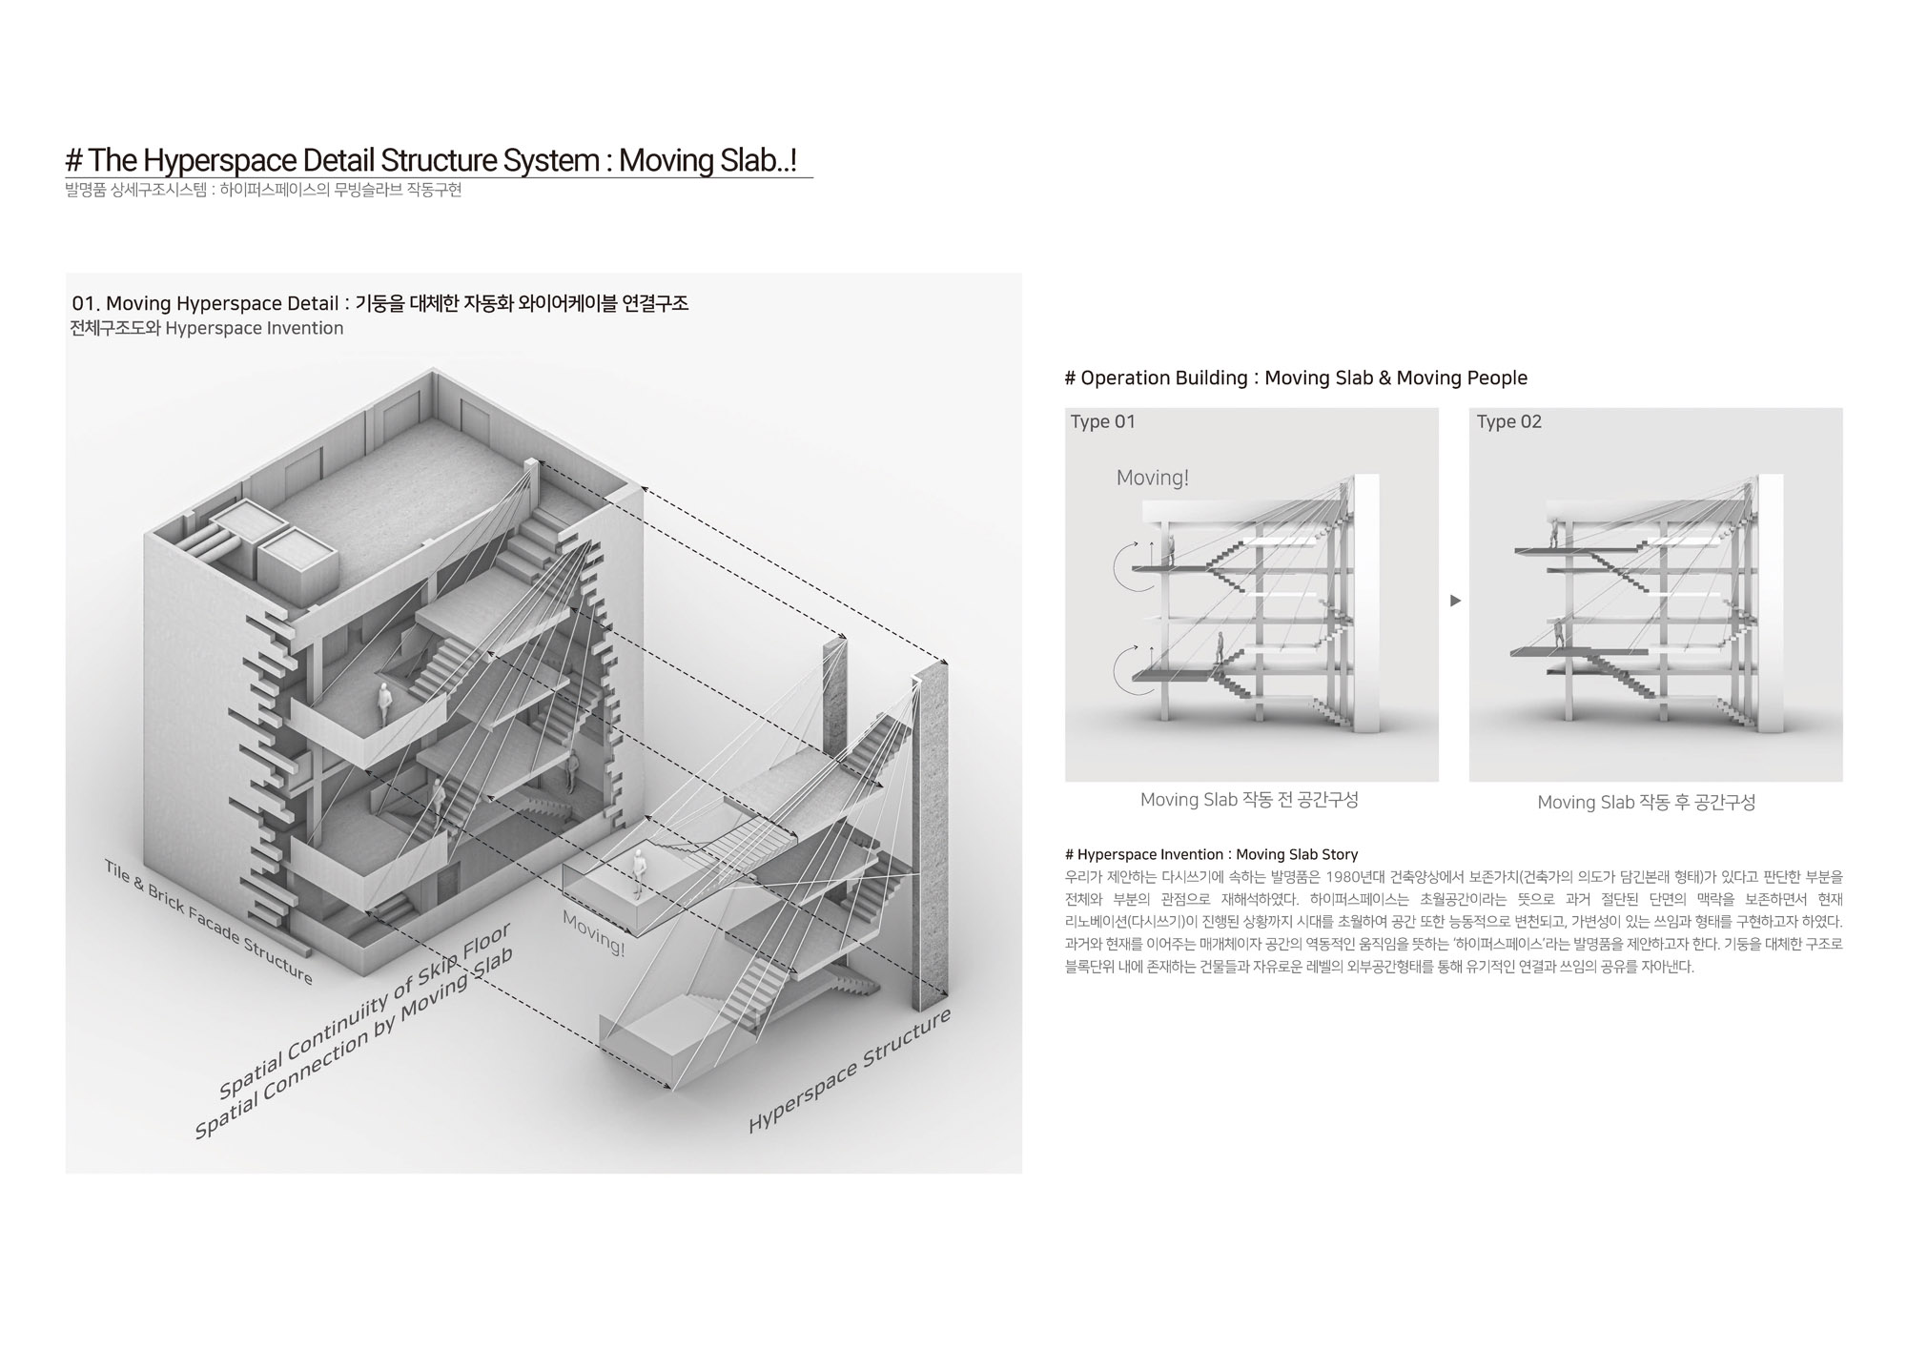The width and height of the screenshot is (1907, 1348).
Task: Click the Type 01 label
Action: [x=1102, y=422]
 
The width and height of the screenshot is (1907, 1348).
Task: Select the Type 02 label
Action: [x=1508, y=422]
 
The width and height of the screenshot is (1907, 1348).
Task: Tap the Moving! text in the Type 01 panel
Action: [x=1152, y=479]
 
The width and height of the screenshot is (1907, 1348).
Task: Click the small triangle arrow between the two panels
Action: [x=1455, y=601]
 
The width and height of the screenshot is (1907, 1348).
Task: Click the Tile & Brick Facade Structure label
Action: [x=208, y=921]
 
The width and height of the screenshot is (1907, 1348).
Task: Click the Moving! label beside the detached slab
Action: [x=593, y=933]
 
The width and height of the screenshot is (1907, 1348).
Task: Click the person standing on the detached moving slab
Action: [x=639, y=872]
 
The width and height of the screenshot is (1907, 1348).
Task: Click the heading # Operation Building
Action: [x=1295, y=378]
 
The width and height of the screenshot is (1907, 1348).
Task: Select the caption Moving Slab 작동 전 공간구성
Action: [x=1249, y=800]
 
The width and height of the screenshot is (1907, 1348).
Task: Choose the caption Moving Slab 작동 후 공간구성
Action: [x=1646, y=803]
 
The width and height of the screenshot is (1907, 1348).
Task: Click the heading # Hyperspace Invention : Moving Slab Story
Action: [x=1211, y=854]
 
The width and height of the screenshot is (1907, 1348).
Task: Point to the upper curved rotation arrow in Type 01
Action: [x=1125, y=567]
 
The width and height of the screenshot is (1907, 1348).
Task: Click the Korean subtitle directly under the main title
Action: [x=263, y=190]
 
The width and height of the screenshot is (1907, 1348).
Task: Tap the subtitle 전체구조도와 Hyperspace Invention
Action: [x=207, y=329]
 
